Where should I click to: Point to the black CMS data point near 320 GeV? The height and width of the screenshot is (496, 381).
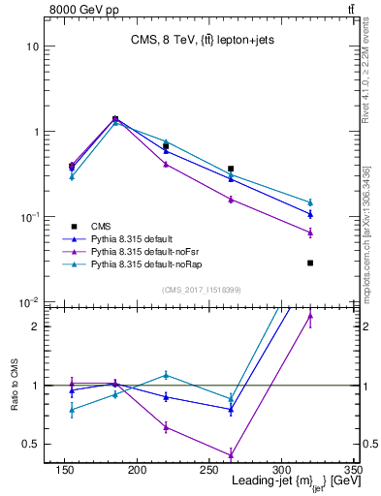310,263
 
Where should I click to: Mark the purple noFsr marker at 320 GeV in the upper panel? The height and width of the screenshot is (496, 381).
310,232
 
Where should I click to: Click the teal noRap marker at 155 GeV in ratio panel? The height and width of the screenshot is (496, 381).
72,410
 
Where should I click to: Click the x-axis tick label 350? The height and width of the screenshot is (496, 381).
352,470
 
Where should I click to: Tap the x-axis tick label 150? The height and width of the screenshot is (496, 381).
65,470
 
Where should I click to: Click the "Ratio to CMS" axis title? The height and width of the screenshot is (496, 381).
14,386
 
